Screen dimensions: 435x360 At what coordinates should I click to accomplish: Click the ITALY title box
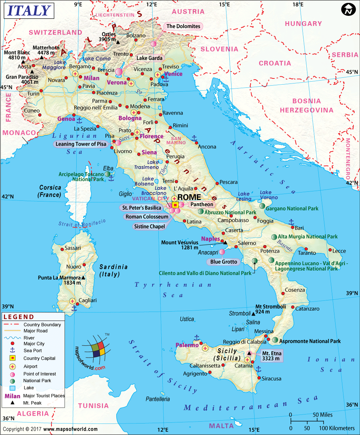(x=29, y=11)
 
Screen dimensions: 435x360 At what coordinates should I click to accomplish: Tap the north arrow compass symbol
(x=347, y=10)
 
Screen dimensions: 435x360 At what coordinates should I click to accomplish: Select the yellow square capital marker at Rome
(x=175, y=205)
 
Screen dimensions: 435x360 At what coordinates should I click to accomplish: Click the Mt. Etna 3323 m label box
(x=271, y=355)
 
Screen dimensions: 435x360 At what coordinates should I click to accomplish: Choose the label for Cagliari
(x=87, y=300)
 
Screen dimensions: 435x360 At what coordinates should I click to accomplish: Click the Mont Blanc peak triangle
(x=23, y=62)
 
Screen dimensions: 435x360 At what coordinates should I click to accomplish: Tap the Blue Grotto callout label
(x=224, y=262)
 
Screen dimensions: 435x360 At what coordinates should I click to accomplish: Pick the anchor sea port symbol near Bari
(x=291, y=222)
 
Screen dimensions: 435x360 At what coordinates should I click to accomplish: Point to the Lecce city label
(x=339, y=251)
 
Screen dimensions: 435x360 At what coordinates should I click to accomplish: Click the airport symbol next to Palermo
(x=205, y=348)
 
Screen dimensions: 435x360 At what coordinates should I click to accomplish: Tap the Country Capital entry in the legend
(x=39, y=358)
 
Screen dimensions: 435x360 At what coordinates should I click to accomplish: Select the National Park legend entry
(x=37, y=381)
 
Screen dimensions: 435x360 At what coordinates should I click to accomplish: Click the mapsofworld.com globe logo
(x=95, y=348)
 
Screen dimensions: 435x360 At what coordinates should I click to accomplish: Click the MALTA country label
(x=221, y=426)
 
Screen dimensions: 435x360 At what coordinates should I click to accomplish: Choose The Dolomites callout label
(x=183, y=26)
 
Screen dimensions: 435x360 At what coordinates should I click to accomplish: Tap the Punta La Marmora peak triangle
(x=84, y=278)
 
